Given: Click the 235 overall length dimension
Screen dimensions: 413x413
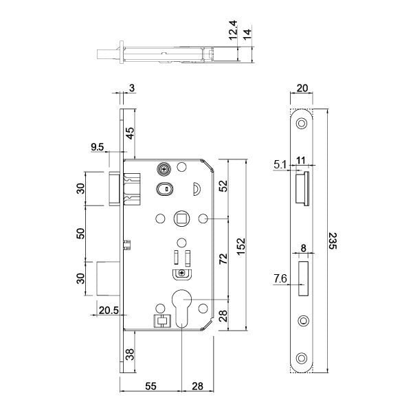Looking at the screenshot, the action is pyautogui.click(x=333, y=241).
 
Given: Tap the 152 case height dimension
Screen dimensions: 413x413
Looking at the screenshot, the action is pyautogui.click(x=241, y=247).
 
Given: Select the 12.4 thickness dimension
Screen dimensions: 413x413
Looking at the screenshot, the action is pyautogui.click(x=234, y=30).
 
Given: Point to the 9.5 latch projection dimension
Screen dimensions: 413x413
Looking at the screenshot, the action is pyautogui.click(x=98, y=147).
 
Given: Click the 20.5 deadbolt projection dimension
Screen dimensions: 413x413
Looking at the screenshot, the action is pyautogui.click(x=109, y=311).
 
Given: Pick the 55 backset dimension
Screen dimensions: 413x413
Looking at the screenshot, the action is pyautogui.click(x=150, y=386).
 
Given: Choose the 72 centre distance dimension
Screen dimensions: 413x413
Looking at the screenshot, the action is pyautogui.click(x=223, y=258).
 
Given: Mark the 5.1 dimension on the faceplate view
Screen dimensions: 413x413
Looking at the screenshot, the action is pyautogui.click(x=280, y=165).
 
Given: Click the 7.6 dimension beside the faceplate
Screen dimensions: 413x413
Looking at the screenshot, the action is pyautogui.click(x=280, y=279).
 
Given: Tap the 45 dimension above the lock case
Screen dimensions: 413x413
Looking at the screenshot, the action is pyautogui.click(x=130, y=133).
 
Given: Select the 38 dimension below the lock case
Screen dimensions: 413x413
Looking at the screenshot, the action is pyautogui.click(x=130, y=355).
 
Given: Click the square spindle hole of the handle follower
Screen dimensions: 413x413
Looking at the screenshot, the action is pyautogui.click(x=181, y=219).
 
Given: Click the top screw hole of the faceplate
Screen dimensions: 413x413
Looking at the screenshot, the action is pyautogui.click(x=302, y=124).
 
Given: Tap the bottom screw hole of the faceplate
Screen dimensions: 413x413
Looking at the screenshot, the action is pyautogui.click(x=302, y=359).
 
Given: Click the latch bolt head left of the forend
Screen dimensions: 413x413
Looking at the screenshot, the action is pyautogui.click(x=115, y=188).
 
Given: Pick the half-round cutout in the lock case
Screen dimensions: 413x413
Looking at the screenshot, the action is pyautogui.click(x=197, y=188).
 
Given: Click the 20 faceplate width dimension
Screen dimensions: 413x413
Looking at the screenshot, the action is pyautogui.click(x=302, y=88).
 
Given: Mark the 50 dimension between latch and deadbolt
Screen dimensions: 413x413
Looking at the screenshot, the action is pyautogui.click(x=80, y=234).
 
